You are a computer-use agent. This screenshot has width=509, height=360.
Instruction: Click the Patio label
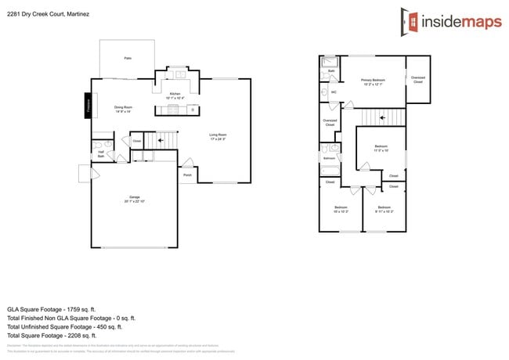127,59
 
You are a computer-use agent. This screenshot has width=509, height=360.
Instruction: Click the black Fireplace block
88,105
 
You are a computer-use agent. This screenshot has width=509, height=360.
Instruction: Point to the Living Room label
218,137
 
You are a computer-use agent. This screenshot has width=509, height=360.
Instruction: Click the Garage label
135,199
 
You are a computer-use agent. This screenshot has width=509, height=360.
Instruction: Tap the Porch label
187,175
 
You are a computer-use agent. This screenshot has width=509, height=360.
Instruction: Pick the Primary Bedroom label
373,81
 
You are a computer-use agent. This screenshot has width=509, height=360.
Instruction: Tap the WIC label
333,92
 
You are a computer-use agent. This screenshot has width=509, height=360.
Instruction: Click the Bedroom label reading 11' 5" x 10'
381,149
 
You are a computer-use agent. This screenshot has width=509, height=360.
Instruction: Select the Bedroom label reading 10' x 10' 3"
340,208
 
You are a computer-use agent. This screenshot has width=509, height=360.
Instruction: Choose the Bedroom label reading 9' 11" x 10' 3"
384,208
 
